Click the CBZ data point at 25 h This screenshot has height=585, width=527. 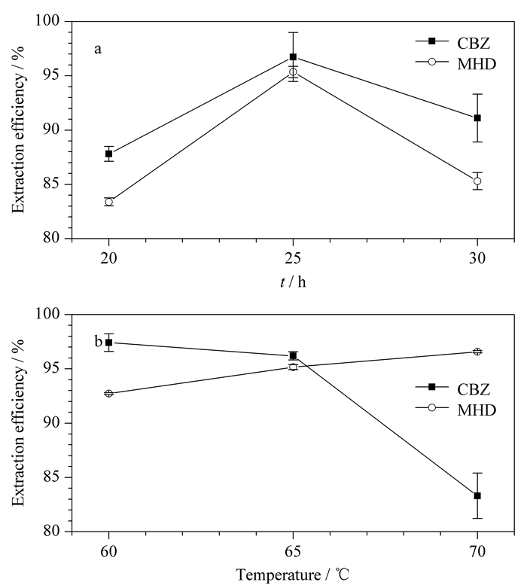click(293, 57)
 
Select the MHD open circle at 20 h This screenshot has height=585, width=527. click(109, 202)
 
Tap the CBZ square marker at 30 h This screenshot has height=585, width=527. click(477, 118)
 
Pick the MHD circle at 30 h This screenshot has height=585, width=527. click(477, 181)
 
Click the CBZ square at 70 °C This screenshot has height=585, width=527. click(477, 496)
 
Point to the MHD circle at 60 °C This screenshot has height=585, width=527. click(109, 393)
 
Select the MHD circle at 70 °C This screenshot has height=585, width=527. click(477, 352)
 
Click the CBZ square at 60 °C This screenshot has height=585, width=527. click(109, 343)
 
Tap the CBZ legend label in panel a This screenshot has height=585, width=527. click(474, 44)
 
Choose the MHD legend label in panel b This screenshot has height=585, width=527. click(477, 410)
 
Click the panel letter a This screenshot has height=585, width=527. click(98, 49)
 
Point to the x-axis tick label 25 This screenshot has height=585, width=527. click(293, 258)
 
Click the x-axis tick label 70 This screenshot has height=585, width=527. click(477, 551)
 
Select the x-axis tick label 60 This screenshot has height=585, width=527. click(108, 551)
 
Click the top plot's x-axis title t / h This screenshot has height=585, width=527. click(293, 282)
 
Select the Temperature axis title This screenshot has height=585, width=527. click(293, 575)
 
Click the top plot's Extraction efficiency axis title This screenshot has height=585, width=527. click(18, 129)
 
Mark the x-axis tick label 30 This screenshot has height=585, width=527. click(477, 258)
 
